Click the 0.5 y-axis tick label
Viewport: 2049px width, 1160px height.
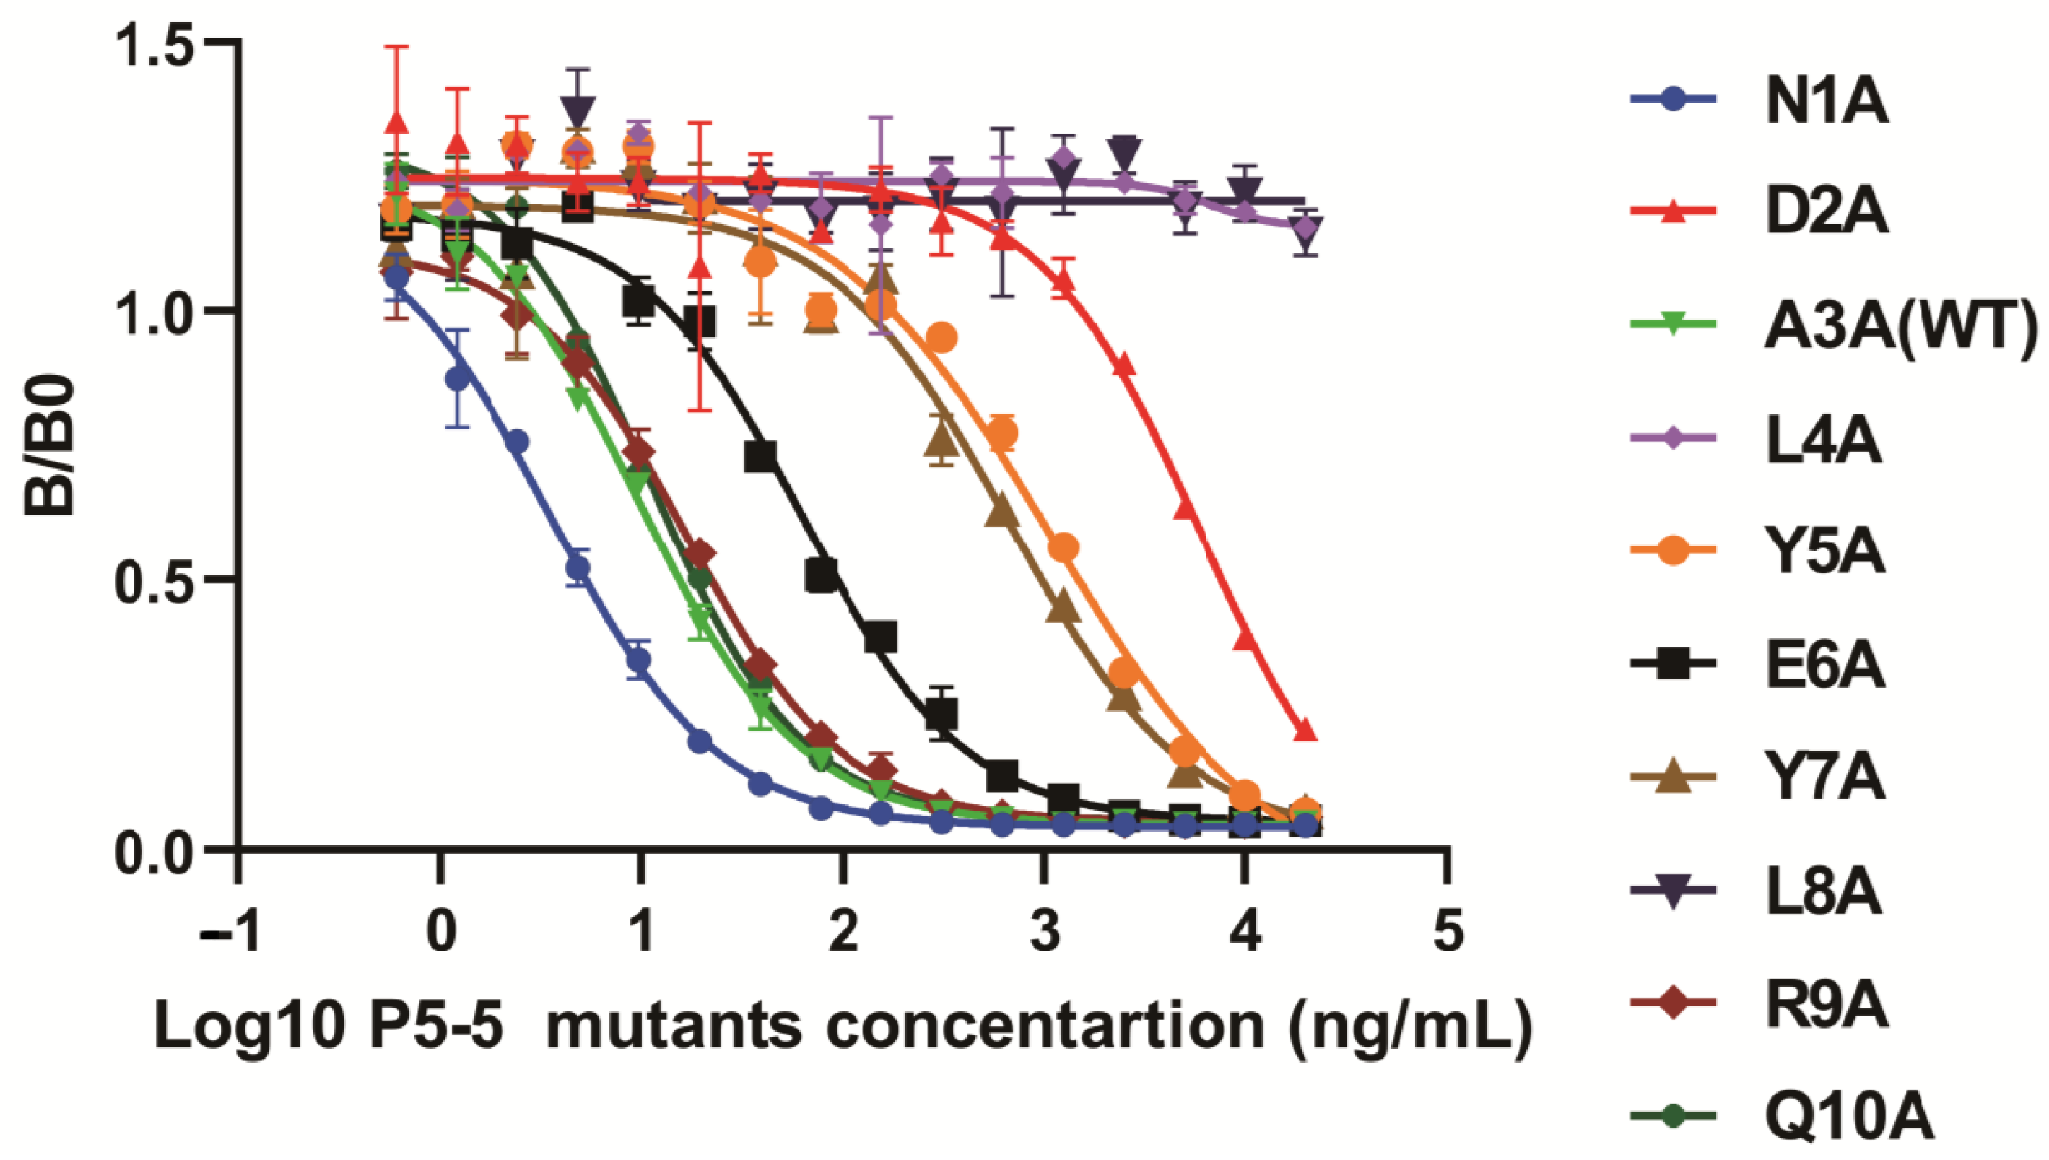[152, 580]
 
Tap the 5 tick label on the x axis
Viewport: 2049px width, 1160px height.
[1448, 932]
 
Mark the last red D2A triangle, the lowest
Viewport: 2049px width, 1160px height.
[1304, 730]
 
